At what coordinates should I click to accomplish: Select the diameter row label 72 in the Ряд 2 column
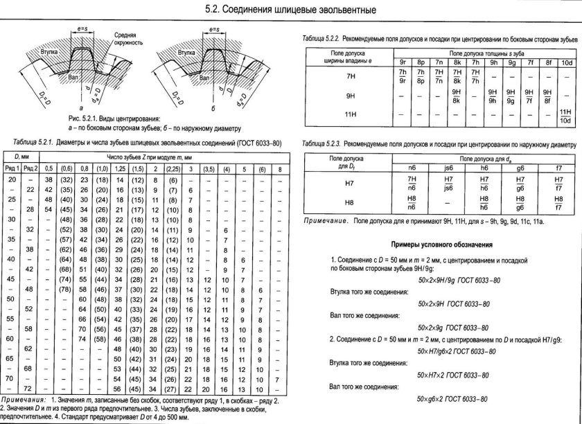(30, 390)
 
